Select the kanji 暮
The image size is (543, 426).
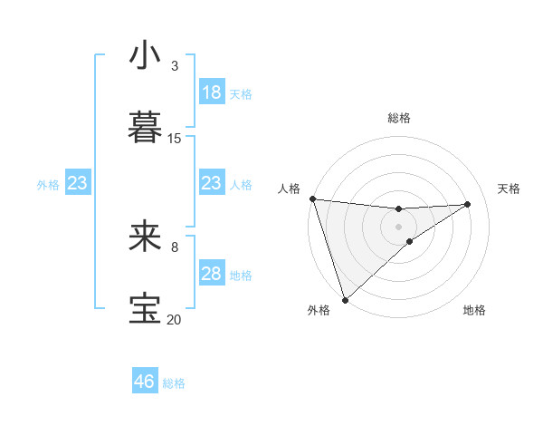pos(146,127)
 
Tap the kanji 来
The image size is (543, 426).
pos(146,236)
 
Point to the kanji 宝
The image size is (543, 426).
pos(146,308)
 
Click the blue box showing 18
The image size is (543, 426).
pos(212,92)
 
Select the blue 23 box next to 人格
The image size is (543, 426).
pos(212,183)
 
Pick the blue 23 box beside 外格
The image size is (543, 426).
pos(77,183)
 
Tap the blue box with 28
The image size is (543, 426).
pos(212,274)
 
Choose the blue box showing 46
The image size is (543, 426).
pos(145,382)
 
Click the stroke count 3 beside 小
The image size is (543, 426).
pos(174,65)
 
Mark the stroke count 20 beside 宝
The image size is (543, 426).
pos(175,319)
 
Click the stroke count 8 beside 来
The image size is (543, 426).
pos(174,247)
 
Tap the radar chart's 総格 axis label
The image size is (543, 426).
pos(399,118)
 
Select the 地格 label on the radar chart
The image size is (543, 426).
pos(474,310)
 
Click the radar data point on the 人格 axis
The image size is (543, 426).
pos(312,198)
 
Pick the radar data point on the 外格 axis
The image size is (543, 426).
pos(345,299)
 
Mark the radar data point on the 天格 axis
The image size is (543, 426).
pos(468,204)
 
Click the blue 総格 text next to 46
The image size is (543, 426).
pos(174,383)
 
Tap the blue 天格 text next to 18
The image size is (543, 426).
pos(241,93)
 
